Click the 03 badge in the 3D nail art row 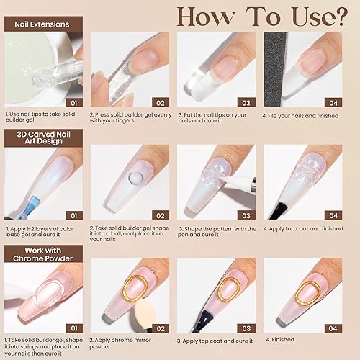pos(246,214)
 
